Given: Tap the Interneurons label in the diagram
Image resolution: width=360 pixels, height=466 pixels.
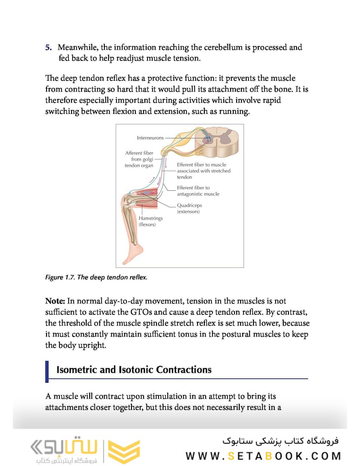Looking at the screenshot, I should [x=150, y=138].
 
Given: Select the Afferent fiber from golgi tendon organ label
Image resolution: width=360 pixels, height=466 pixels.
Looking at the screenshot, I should [x=139, y=159].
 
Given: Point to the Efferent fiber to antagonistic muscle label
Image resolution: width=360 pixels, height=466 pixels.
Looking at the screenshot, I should [x=198, y=191].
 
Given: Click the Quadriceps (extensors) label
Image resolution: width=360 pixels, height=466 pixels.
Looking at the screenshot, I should [x=189, y=208].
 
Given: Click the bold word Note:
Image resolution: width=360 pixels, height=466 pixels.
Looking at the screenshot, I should [x=56, y=301].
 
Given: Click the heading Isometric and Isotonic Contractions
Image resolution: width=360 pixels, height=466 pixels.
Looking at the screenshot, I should [x=134, y=370].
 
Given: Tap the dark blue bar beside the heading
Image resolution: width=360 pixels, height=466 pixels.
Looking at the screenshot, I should [x=47, y=371].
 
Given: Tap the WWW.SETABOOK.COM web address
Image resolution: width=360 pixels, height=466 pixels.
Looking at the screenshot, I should [x=263, y=456].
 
